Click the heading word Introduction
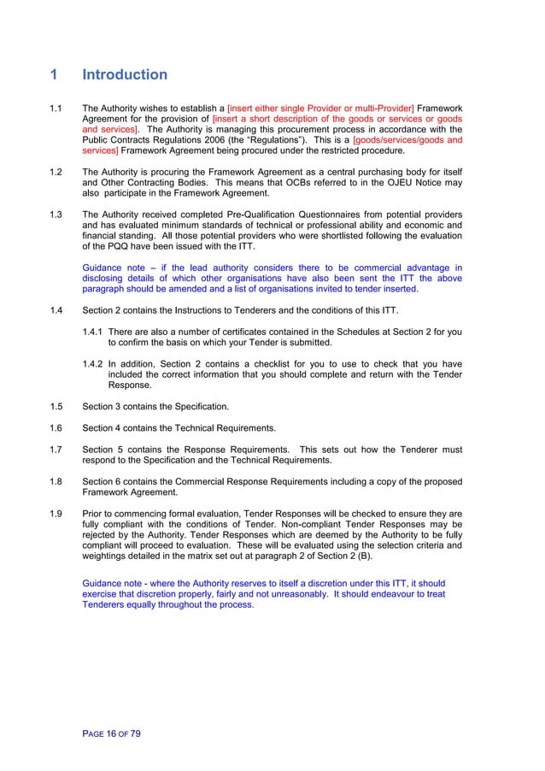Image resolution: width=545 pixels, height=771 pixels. (x=125, y=75)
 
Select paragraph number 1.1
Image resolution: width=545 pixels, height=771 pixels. (x=56, y=109)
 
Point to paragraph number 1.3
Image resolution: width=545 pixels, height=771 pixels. (x=56, y=214)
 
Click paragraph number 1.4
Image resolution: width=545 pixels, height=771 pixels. (x=56, y=309)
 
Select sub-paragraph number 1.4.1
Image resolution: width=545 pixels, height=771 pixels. (x=93, y=332)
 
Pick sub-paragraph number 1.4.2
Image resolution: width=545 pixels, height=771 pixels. (x=93, y=363)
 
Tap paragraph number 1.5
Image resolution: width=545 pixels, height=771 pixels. (x=56, y=405)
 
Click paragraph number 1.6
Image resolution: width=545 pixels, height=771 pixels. (x=56, y=427)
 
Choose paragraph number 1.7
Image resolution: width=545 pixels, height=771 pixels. (x=56, y=450)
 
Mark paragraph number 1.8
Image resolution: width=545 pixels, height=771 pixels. (x=56, y=482)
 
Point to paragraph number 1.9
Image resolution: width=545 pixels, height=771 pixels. (x=56, y=514)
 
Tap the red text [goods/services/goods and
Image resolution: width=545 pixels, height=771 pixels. (x=407, y=140)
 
